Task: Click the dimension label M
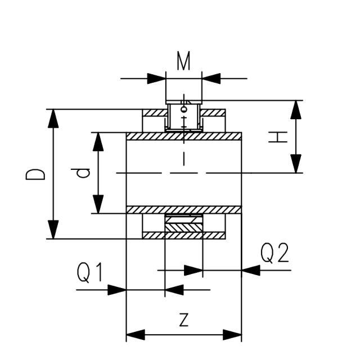tap(184, 61)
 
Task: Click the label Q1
tap(91, 273)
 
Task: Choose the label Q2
tap(275, 254)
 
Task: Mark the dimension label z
tap(183, 319)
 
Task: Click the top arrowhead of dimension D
tap(53, 118)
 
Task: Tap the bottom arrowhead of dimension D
tap(53, 230)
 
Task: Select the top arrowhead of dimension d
tap(98, 141)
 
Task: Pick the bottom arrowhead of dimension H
tap(296, 164)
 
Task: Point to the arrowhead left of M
tap(157, 78)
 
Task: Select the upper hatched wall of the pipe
tap(184, 136)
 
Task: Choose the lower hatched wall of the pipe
tap(184, 210)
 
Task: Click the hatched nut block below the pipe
tap(183, 227)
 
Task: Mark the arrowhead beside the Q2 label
tap(251, 270)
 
